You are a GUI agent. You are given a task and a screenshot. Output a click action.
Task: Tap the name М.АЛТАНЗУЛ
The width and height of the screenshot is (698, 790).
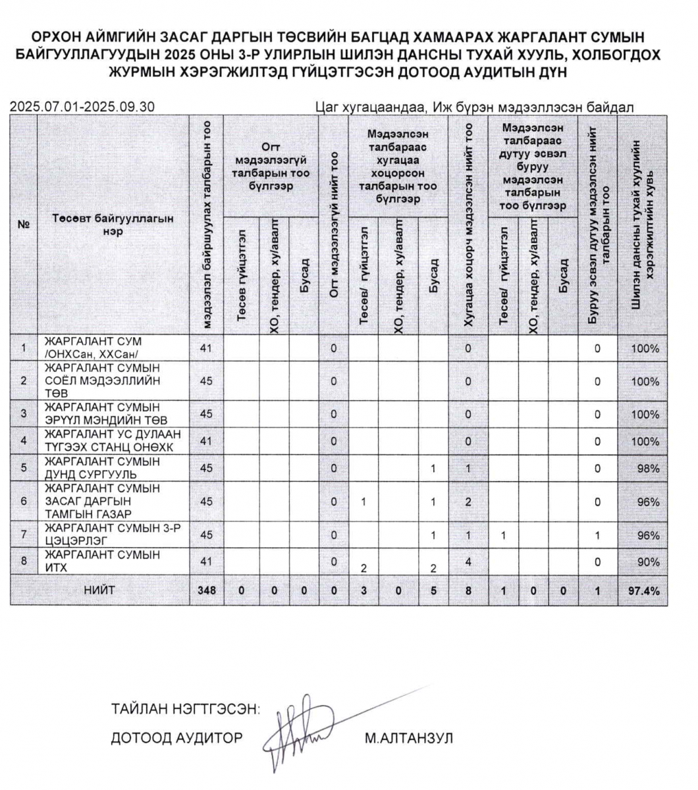pos(408,738)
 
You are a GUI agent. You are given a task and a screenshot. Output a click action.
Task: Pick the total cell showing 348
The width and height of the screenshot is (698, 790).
pos(206,591)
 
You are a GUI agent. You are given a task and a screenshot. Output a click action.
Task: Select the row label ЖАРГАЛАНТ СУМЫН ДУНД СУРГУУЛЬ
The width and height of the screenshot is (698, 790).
pos(101,468)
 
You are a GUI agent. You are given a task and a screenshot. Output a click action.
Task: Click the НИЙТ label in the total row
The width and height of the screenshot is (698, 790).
pos(99,591)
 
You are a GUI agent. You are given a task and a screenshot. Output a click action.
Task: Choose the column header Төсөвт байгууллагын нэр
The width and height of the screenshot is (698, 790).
pos(113,224)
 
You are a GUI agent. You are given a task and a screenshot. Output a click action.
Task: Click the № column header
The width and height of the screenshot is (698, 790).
pos(24,224)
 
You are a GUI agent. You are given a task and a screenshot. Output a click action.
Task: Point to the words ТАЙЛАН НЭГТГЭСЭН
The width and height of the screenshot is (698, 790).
pos(186,710)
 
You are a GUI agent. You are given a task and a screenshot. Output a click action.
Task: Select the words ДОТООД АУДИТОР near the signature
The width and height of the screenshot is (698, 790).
pos(176,738)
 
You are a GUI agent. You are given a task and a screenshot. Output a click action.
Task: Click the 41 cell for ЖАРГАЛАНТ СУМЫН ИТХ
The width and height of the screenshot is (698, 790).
pos(206,562)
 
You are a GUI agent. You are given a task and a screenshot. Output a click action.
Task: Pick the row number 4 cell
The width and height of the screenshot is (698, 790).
pos(24,441)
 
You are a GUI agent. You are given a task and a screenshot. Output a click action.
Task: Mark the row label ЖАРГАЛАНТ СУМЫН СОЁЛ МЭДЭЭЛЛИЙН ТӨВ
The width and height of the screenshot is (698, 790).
pos(103,381)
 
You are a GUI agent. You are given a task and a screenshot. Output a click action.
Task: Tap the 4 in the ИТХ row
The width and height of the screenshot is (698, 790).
pos(468,562)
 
